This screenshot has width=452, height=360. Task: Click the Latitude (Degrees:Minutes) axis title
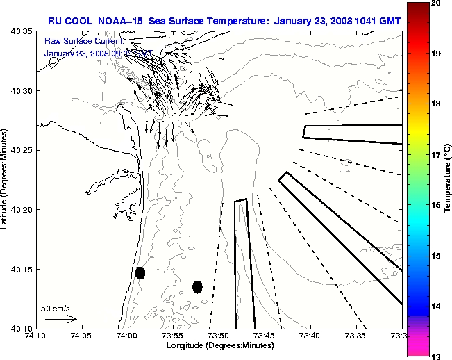[x=6, y=179]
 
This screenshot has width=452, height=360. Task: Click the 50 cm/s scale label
[x=56, y=308]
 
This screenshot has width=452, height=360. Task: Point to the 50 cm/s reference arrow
[x=61, y=319]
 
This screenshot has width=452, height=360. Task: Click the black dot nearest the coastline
[x=140, y=272]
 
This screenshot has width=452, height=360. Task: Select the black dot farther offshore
[x=197, y=286]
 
